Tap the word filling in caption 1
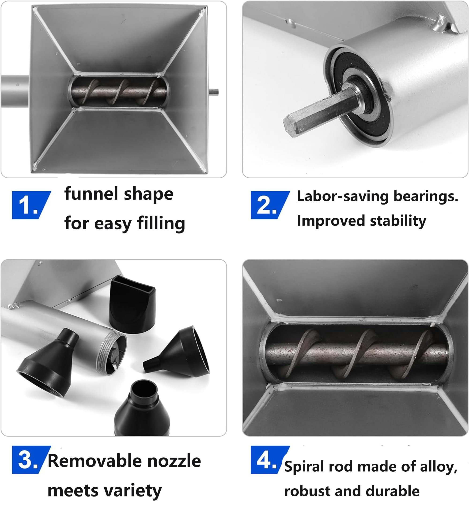tap(161, 224)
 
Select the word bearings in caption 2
tap(426, 196)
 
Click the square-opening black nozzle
tap(132, 304)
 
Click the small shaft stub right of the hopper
tap(213, 92)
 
